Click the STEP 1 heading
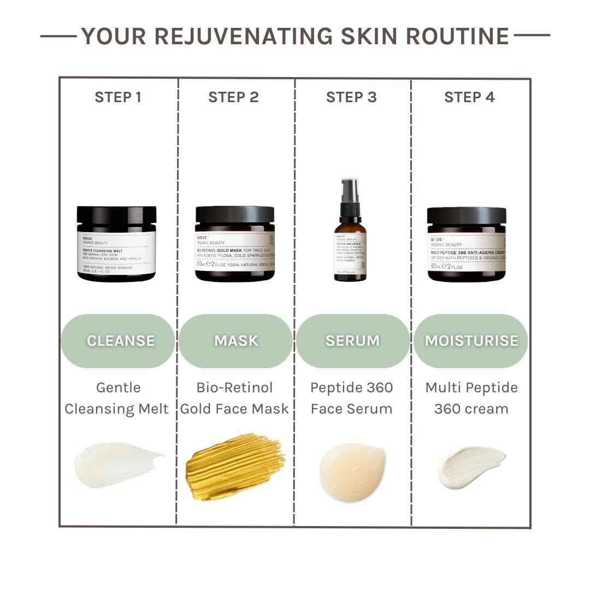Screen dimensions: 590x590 (118, 97)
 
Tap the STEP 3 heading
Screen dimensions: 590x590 (351, 97)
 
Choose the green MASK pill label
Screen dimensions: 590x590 (235, 341)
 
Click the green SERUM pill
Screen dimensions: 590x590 (352, 341)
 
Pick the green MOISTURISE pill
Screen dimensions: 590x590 (471, 341)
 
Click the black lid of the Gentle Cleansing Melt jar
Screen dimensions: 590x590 (116, 217)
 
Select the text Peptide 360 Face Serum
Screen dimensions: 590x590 (351, 398)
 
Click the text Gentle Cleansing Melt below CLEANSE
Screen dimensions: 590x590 (117, 398)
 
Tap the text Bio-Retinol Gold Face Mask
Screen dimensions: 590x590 (234, 398)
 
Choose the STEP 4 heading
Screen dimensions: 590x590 (469, 97)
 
